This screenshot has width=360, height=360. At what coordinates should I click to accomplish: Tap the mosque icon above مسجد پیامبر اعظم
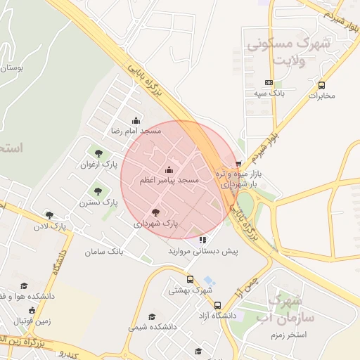pos(169,170)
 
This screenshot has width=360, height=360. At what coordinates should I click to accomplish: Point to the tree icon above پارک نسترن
pos(97,191)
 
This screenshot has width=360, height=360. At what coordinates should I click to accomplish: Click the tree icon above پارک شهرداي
pos(156,212)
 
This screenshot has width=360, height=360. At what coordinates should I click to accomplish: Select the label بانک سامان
pos(104,251)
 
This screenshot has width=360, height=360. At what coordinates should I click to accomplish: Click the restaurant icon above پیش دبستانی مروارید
pos(203,240)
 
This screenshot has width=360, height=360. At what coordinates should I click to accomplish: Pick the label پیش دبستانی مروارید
pos(203,250)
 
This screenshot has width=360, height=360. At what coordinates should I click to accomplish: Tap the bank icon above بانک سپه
pos(268,82)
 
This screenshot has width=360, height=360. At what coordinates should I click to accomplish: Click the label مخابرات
pos(323,96)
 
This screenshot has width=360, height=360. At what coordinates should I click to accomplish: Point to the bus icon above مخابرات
pos(322,85)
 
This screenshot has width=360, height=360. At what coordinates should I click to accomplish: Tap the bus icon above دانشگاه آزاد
pos(217,306)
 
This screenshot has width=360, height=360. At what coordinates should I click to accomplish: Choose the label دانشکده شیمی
pos(152,327)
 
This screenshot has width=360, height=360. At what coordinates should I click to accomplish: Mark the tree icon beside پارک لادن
pos(49,215)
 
